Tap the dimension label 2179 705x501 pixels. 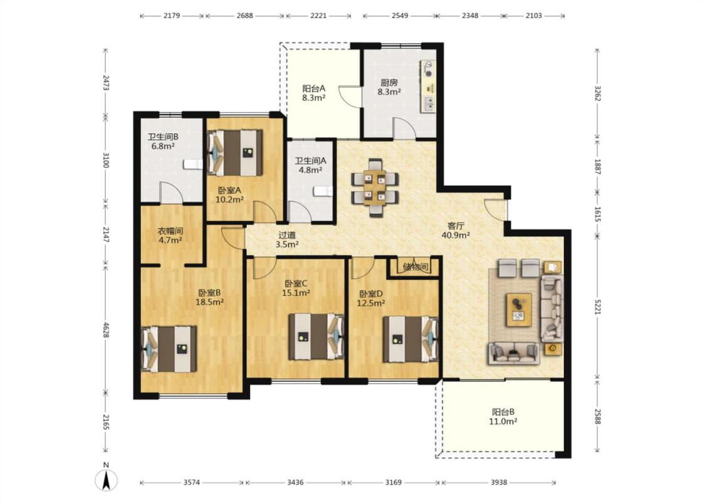pyautogui.click(x=172, y=16)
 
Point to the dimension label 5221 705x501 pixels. pyautogui.click(x=597, y=307)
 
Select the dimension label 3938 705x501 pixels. pyautogui.click(x=499, y=483)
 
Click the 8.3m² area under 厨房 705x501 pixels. pyautogui.click(x=389, y=92)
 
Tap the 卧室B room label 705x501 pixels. pyautogui.click(x=209, y=292)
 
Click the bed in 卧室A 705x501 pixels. pyautogui.click(x=235, y=153)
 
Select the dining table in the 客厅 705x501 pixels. pyautogui.click(x=375, y=187)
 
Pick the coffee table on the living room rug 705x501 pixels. pyautogui.click(x=519, y=309)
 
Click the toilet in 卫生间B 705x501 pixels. pyautogui.click(x=193, y=164)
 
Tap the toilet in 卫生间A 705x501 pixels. pyautogui.click(x=323, y=192)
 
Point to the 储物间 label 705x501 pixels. pyautogui.click(x=415, y=267)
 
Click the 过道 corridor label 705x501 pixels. pyautogui.click(x=287, y=235)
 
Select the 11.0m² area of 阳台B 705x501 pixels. pyautogui.click(x=503, y=421)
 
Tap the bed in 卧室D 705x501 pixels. pyautogui.click(x=410, y=339)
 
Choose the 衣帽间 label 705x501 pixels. pyautogui.click(x=170, y=232)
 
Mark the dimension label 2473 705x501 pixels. pyautogui.click(x=106, y=83)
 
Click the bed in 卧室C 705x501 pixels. pyautogui.click(x=316, y=336)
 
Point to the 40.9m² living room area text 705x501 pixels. pyautogui.click(x=456, y=235)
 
